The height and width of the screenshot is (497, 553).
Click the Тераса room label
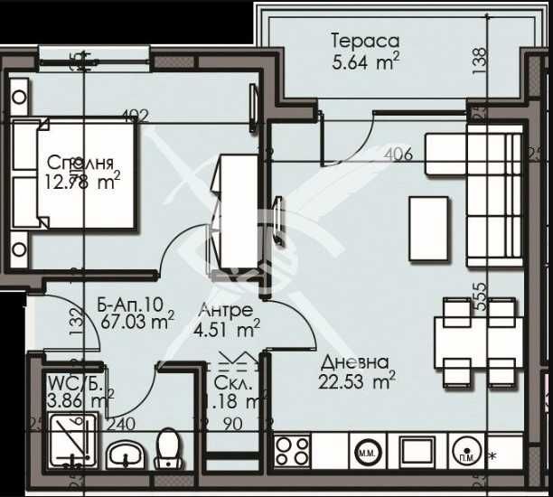point(365,41)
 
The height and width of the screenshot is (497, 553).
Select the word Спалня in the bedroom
point(80,164)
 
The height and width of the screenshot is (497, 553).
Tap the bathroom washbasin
point(122,455)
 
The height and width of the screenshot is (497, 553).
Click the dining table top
point(475,342)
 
